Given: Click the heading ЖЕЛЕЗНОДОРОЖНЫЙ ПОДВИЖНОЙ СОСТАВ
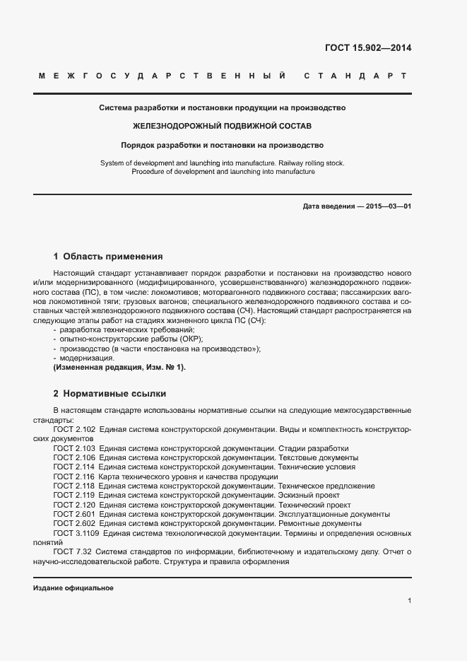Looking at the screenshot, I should coord(221,127).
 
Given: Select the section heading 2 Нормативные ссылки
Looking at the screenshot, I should coord(110,393).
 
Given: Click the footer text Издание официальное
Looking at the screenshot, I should coord(73,588).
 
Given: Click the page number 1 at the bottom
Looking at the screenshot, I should coord(409,601).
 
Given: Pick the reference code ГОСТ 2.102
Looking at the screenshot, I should coord(74,430).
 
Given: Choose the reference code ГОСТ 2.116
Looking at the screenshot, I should coord(74,476).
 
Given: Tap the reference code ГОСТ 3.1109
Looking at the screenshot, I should coord(76,532).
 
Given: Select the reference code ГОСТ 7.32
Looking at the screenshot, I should coord(72,551).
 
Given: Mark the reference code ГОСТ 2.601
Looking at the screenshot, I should coord(74,514).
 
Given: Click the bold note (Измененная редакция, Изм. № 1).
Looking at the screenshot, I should coord(119,368).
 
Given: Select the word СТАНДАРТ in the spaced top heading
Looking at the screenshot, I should coord(355,75).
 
